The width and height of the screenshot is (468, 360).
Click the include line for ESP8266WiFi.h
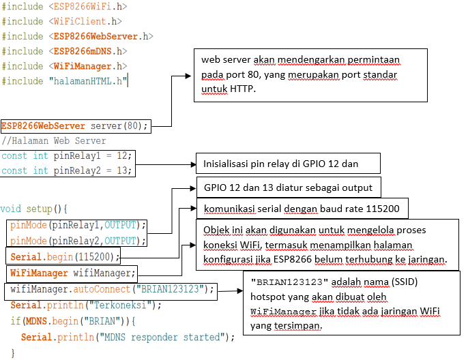64,7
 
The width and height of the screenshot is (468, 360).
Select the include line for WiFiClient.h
61,22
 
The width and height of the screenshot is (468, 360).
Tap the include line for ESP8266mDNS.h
64,52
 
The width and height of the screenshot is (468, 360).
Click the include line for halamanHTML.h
65,82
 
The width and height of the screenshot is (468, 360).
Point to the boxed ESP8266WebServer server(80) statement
75,126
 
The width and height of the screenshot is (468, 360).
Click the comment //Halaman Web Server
54,141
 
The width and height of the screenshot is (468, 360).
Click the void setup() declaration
34,209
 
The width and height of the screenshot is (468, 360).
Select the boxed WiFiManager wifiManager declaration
72,273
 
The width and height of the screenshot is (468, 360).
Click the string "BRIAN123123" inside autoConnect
170,289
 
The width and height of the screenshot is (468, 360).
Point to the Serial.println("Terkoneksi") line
86,305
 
